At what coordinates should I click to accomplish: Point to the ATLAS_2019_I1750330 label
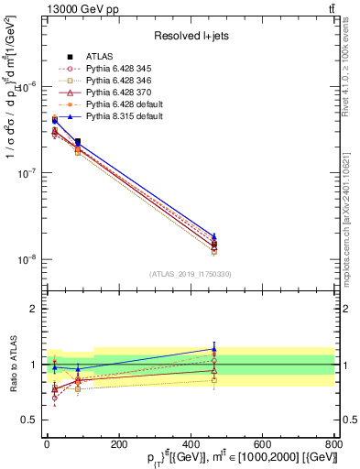click(190, 274)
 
